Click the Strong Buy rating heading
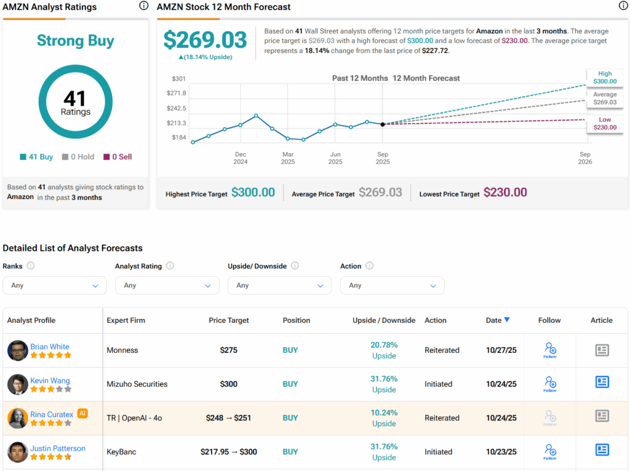(76, 41)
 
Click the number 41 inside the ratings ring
(75, 98)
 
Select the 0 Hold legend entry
(78, 157)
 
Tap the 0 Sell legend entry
(118, 157)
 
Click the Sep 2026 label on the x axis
(584, 158)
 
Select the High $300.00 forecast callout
(604, 77)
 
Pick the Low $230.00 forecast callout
(604, 124)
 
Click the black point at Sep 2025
(383, 124)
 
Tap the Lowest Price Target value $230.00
(505, 192)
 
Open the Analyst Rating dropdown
(167, 285)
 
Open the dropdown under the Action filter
(392, 285)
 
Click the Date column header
(497, 320)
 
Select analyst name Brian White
(50, 347)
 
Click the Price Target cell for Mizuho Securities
(229, 384)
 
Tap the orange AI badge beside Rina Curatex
(82, 414)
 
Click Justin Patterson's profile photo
(17, 452)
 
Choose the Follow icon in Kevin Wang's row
(550, 384)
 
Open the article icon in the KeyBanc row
(602, 450)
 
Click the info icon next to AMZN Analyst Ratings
(143, 6)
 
